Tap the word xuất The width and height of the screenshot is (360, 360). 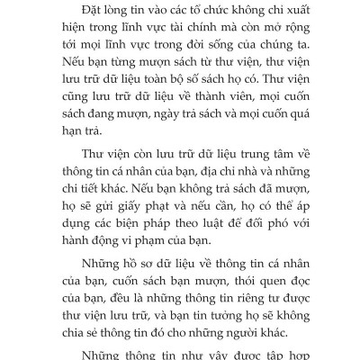[299, 11]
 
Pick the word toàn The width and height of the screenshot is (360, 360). [168, 96]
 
